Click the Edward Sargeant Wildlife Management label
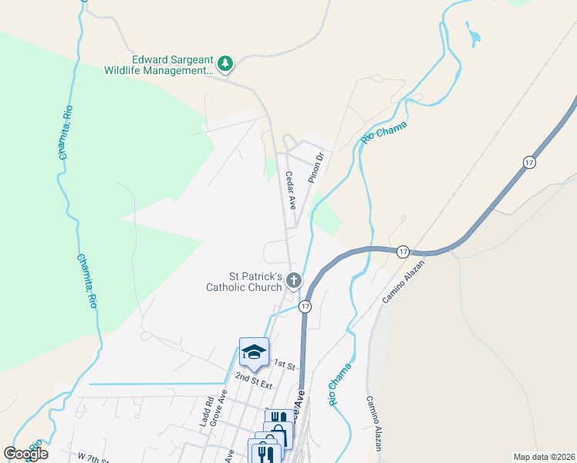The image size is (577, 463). click(x=160, y=64)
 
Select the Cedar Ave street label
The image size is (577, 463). click(x=291, y=191)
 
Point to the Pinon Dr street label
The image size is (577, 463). click(x=314, y=167)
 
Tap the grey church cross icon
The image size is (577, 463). click(x=293, y=280)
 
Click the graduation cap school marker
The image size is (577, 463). click(x=254, y=352)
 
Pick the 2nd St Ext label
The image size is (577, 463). click(x=255, y=380)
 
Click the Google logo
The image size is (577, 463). click(x=25, y=454)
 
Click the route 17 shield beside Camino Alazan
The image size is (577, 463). click(x=403, y=252)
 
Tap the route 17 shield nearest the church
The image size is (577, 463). click(x=306, y=306)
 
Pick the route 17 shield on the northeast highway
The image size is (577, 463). click(x=528, y=162)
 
